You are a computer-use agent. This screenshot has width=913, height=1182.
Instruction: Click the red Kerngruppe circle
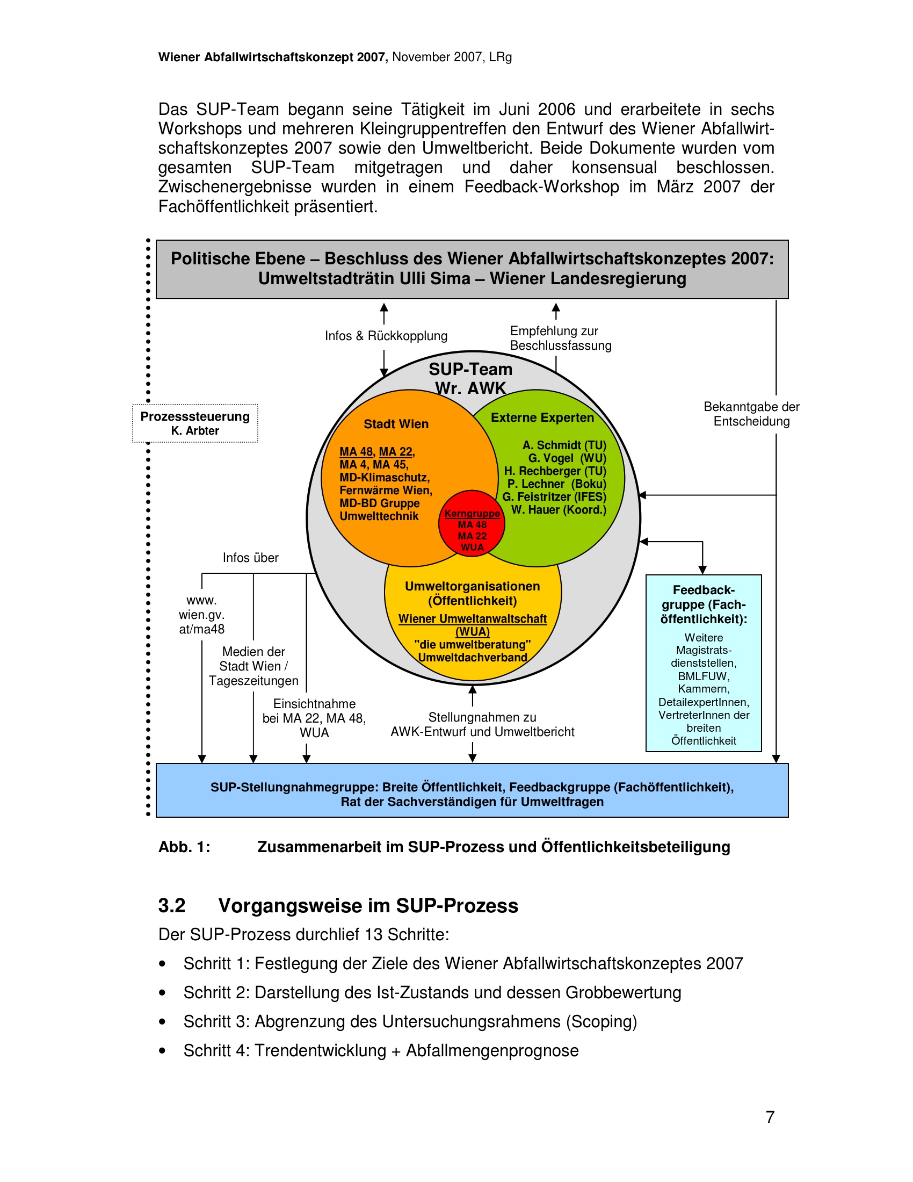coord(472,523)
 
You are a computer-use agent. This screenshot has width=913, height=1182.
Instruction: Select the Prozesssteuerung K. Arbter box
coord(195,423)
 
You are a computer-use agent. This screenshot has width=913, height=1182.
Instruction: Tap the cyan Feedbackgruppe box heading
coord(703,604)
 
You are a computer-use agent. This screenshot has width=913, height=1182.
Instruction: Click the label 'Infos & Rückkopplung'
coord(386,336)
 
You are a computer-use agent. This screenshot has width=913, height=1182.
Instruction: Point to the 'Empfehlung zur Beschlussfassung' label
coord(560,338)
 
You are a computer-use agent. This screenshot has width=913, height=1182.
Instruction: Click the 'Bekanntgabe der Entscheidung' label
coord(751,414)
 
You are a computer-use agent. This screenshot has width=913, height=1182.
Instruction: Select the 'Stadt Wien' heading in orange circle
coord(396,424)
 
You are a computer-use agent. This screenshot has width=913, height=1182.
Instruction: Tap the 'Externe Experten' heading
coord(542,417)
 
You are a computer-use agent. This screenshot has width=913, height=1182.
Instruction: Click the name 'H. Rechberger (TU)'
coord(555,471)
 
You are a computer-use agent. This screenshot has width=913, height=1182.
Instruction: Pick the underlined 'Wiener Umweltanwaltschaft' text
coord(472,618)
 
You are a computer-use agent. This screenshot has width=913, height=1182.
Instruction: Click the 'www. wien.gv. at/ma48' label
coord(202,615)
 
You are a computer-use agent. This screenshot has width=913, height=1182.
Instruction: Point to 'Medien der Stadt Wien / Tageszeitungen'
coord(253,666)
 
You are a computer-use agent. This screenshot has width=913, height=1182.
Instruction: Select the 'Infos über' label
coord(250,558)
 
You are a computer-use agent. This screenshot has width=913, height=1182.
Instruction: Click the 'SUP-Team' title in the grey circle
coord(470,369)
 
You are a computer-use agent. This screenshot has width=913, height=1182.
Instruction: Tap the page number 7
coord(770,1116)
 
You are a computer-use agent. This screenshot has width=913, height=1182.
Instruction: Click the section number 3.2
coord(171,905)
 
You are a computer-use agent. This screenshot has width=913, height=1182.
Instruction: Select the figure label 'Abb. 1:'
coord(184,847)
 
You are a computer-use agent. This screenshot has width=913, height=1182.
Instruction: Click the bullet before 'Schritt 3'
coord(162,1022)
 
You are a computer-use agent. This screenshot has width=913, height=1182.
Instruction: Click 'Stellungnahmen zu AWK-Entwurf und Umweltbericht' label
coord(482,725)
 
